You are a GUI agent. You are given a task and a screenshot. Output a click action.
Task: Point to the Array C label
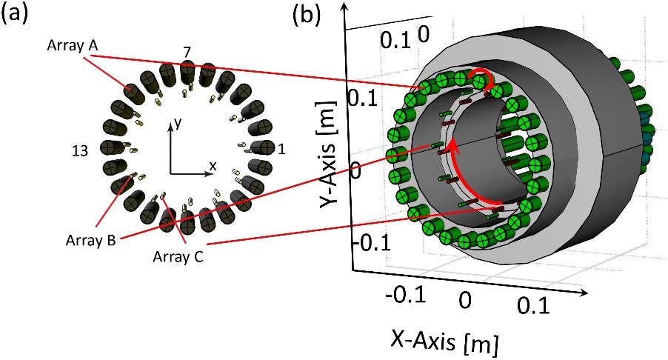pyautogui.click(x=178, y=256)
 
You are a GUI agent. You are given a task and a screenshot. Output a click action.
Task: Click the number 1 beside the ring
pyautogui.click(x=281, y=149)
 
